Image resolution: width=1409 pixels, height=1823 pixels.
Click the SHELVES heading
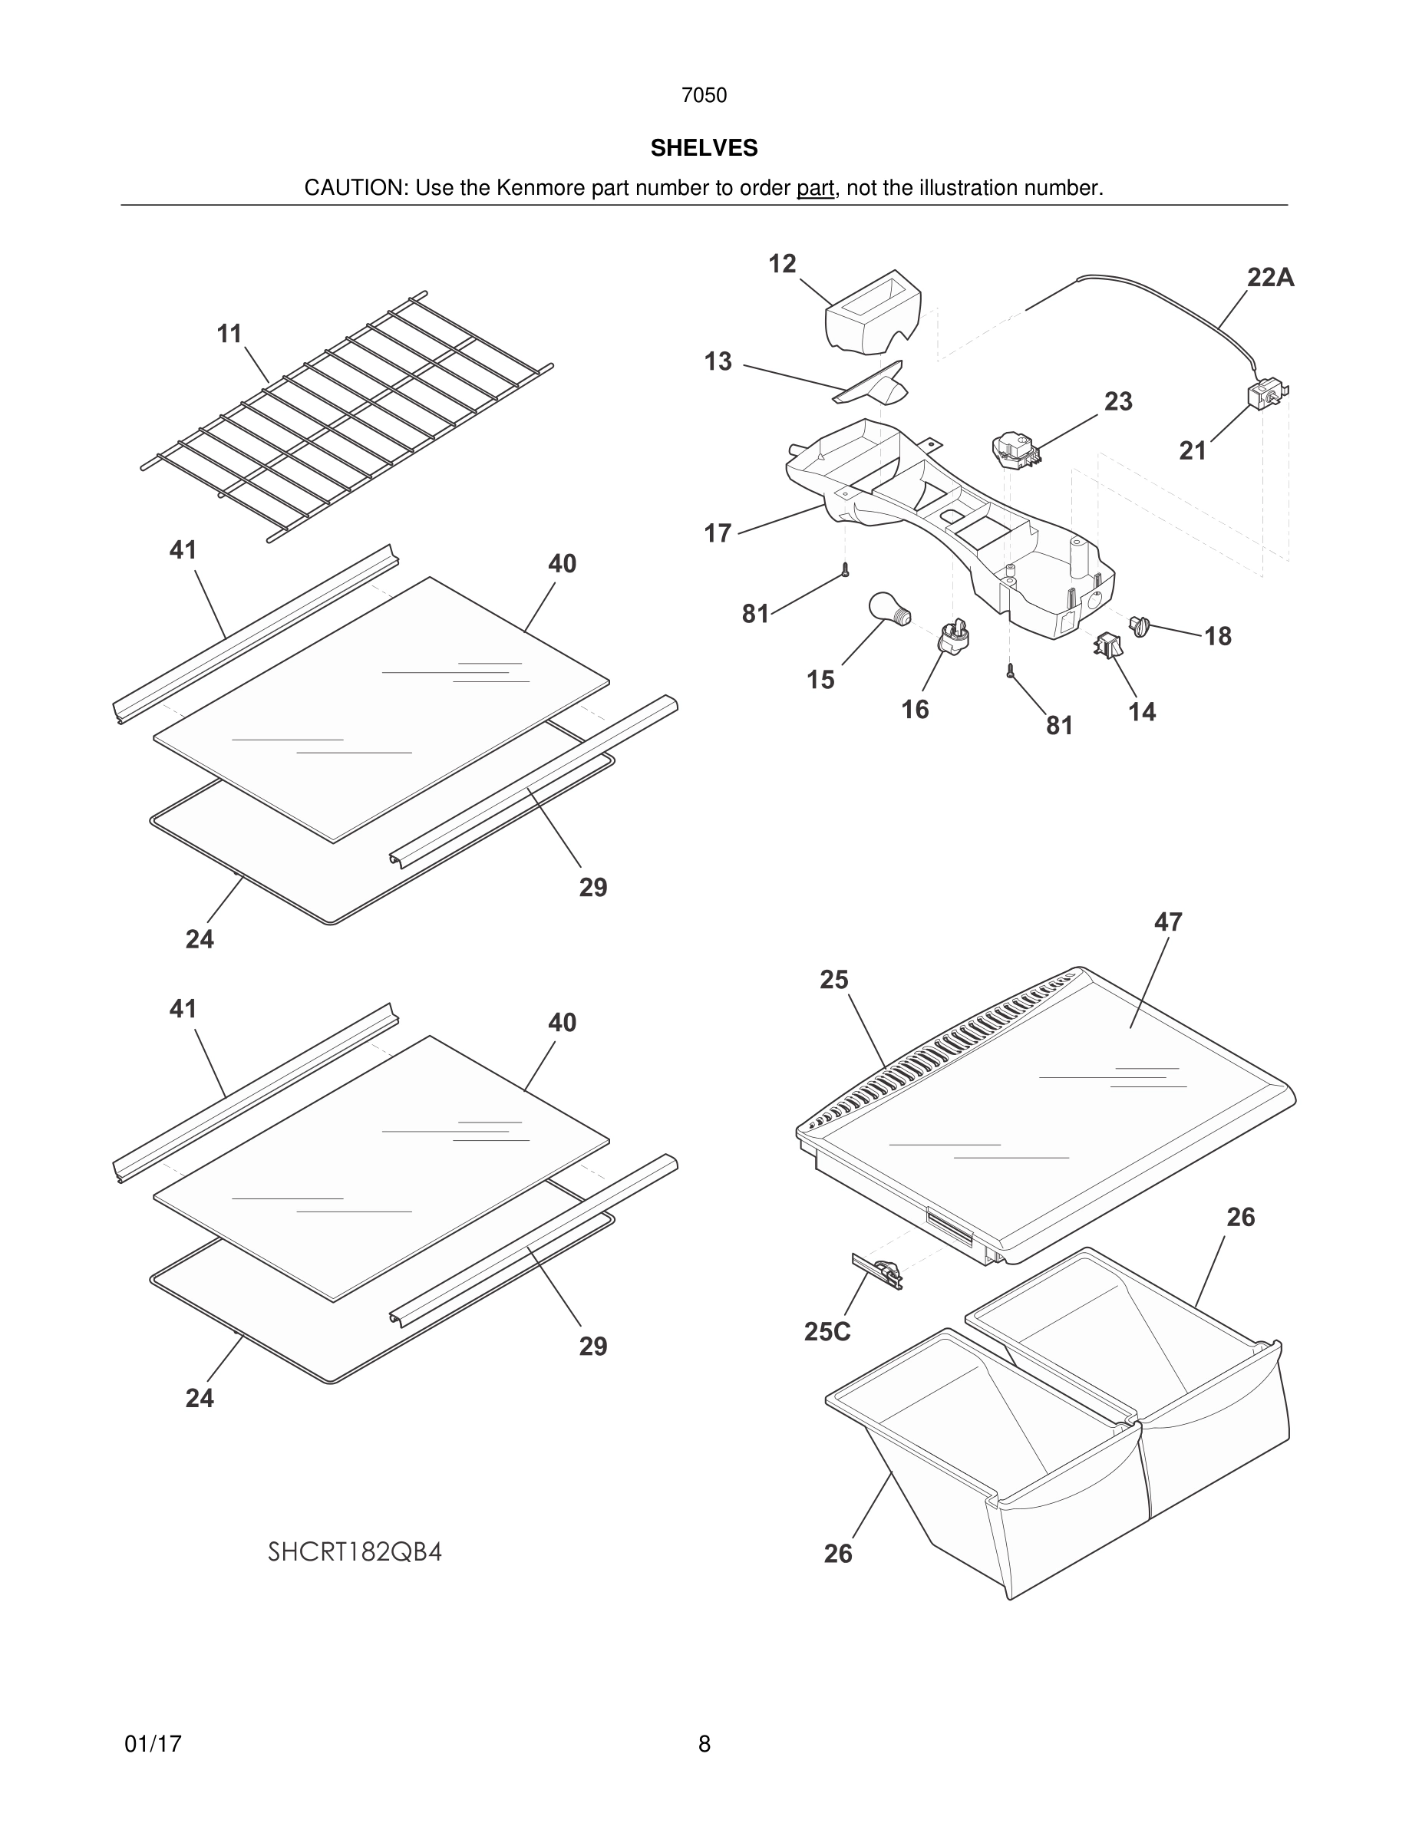coord(704,148)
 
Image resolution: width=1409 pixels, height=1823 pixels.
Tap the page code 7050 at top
coord(704,95)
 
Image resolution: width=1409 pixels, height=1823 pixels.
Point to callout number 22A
coord(1269,277)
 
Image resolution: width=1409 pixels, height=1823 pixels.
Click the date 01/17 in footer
coord(153,1744)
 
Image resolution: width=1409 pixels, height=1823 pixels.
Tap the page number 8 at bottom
coord(704,1744)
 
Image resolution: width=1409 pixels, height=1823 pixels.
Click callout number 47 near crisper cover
coord(1168,921)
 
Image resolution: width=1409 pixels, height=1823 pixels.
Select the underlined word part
coord(815,188)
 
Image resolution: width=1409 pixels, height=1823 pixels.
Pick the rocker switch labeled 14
coord(1107,645)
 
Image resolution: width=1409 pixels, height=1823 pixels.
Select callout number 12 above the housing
coord(782,264)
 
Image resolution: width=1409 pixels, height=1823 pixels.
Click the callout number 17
coord(717,532)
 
